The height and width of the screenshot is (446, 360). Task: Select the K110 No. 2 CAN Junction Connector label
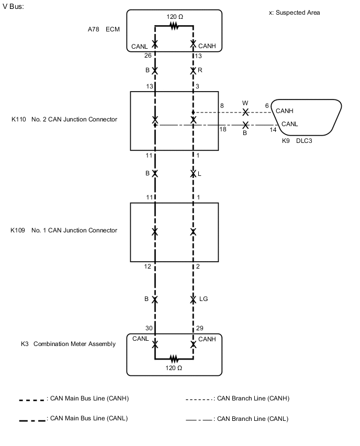pyautogui.click(x=64, y=119)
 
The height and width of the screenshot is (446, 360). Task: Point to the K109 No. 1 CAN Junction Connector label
pyautogui.click(x=64, y=230)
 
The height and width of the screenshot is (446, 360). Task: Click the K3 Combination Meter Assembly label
pyautogui.click(x=68, y=344)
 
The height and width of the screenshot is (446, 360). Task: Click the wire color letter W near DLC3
pyautogui.click(x=245, y=104)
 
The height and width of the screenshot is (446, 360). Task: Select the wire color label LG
pyautogui.click(x=204, y=299)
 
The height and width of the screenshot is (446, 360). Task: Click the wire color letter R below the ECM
pyautogui.click(x=199, y=70)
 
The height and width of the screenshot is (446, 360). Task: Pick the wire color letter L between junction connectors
pyautogui.click(x=199, y=173)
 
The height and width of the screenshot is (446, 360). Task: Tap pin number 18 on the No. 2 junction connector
pyautogui.click(x=222, y=129)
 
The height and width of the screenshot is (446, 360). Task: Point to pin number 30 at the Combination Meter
pyautogui.click(x=149, y=328)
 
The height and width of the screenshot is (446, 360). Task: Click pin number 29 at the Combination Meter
pyautogui.click(x=199, y=328)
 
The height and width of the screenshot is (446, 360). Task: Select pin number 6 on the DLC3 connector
pyautogui.click(x=267, y=106)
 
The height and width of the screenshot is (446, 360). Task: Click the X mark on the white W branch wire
pyautogui.click(x=245, y=113)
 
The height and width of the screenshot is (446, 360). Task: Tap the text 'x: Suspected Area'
pyautogui.click(x=294, y=13)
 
